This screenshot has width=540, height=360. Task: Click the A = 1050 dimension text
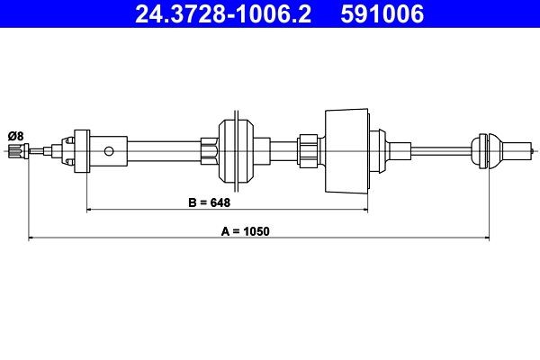pyautogui.click(x=245, y=230)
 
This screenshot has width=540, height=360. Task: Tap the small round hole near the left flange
pyautogui.click(x=110, y=150)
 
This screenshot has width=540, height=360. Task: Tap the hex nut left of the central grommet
pyautogui.click(x=210, y=148)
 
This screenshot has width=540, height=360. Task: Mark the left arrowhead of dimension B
pyautogui.click(x=89, y=210)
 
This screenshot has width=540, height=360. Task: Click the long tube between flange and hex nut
pyautogui.click(x=162, y=148)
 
